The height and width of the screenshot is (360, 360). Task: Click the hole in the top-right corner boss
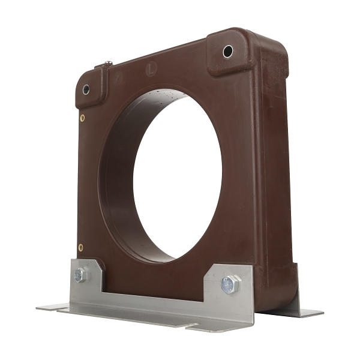pyautogui.click(x=228, y=52)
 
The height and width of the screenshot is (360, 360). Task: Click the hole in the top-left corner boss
pyautogui.click(x=86, y=89)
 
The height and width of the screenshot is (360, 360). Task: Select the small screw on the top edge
pyautogui.click(x=109, y=63)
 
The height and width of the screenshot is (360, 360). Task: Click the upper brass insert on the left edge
pyautogui.click(x=82, y=118)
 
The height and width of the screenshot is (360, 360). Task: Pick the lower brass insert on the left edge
pyautogui.click(x=80, y=247)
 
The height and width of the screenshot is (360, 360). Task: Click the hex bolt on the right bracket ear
pyautogui.click(x=229, y=284)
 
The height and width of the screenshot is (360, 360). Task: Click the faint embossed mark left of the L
pyautogui.click(x=119, y=76)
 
